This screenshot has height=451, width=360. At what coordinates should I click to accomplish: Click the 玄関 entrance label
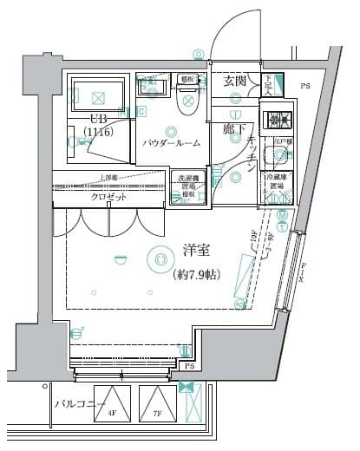(x=234, y=82)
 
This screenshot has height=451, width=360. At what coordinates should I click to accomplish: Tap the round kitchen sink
(x=279, y=156)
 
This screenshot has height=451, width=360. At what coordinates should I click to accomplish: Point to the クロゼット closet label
(x=109, y=197)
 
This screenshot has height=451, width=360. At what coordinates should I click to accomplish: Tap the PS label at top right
(x=304, y=87)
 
